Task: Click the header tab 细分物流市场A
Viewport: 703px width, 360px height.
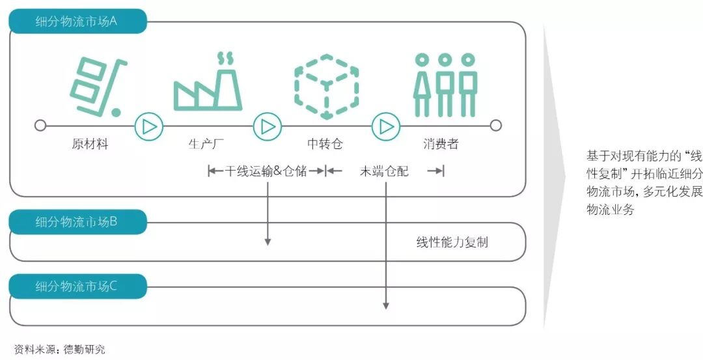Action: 76,21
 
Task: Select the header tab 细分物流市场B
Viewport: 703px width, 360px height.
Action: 76,222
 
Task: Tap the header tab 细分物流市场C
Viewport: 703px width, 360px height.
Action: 76,286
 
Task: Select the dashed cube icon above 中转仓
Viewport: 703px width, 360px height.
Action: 326,83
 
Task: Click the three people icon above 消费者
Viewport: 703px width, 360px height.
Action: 445,84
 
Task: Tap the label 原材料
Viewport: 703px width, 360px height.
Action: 90,145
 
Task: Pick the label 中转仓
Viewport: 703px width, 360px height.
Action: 325,145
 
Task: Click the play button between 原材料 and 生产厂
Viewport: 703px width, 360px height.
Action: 149,126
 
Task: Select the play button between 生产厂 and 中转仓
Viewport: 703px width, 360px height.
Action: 267,126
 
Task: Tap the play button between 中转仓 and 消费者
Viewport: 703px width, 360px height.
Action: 386,126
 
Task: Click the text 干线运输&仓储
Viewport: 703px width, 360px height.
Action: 266,172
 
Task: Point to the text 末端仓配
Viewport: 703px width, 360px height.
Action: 385,172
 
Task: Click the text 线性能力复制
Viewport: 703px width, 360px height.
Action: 452,243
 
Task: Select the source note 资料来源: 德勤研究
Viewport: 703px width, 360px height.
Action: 59,350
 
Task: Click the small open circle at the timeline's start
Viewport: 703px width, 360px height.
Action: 40,126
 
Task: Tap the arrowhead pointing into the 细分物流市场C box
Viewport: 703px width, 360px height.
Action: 386,305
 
